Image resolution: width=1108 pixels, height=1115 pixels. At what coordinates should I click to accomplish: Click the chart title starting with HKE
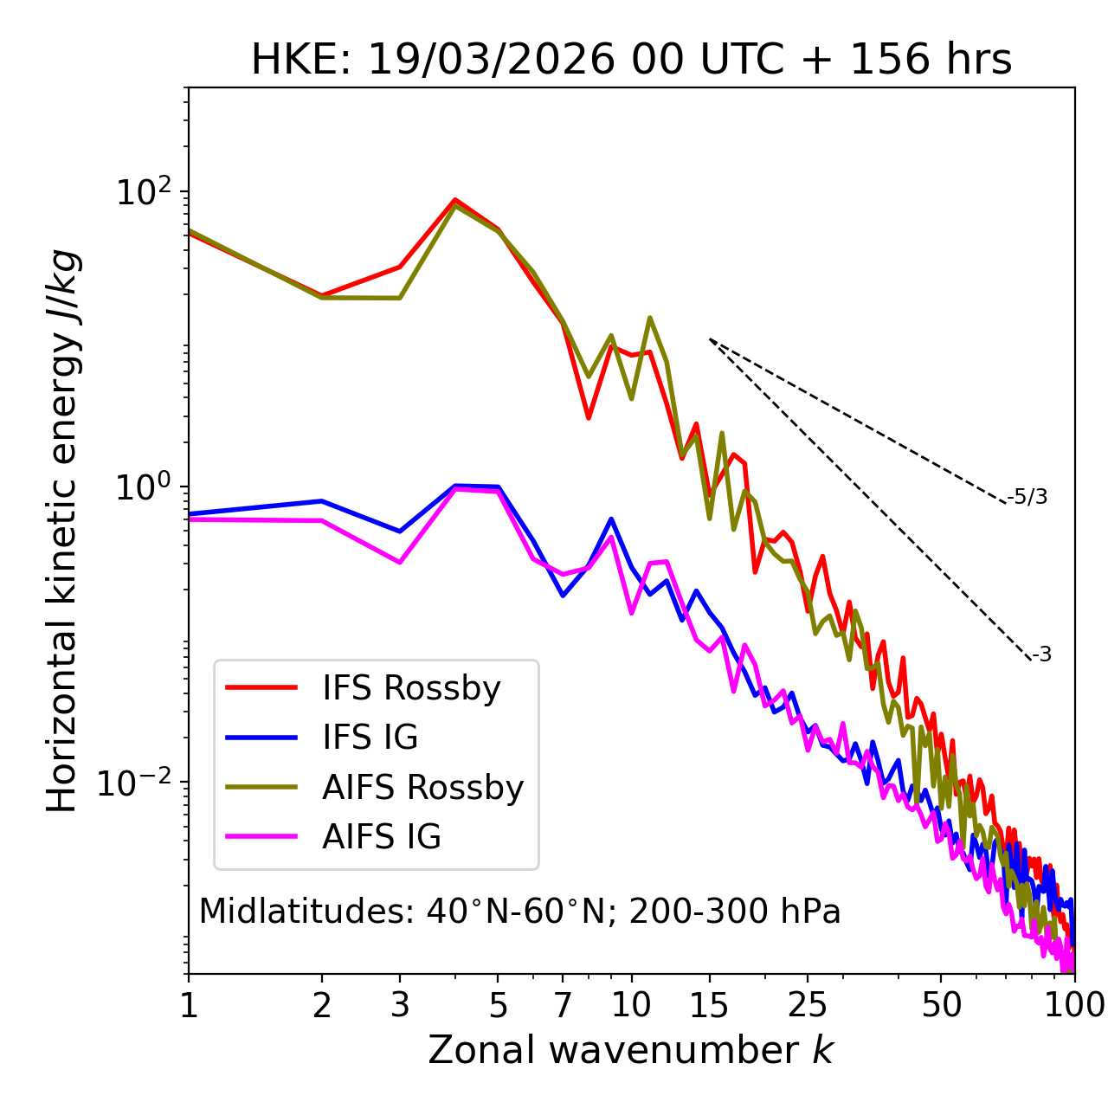point(631,61)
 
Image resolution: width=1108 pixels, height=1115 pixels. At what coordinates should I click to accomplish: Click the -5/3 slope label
point(1027,497)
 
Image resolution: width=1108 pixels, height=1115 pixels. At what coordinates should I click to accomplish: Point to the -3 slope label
point(1042,655)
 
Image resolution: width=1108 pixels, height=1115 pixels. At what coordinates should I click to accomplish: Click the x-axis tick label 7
point(563,1005)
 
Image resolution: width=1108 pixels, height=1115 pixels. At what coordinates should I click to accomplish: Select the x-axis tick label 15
point(709,1005)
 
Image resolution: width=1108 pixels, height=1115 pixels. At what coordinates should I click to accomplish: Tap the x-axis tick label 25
point(807,1005)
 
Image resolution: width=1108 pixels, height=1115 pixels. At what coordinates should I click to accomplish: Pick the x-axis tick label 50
point(941,1005)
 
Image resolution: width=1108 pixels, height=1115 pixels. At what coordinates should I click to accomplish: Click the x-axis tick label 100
point(1074,1005)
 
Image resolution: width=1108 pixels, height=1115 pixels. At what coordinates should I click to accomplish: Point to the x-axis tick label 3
point(399,1005)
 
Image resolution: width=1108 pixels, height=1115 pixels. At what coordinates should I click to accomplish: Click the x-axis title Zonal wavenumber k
point(631,1051)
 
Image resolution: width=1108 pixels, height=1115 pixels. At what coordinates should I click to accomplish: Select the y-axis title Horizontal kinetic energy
point(62,530)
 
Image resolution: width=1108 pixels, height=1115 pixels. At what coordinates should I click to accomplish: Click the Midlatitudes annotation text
point(519,912)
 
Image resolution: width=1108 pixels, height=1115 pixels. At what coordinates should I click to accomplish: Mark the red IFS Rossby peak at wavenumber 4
point(454,200)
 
